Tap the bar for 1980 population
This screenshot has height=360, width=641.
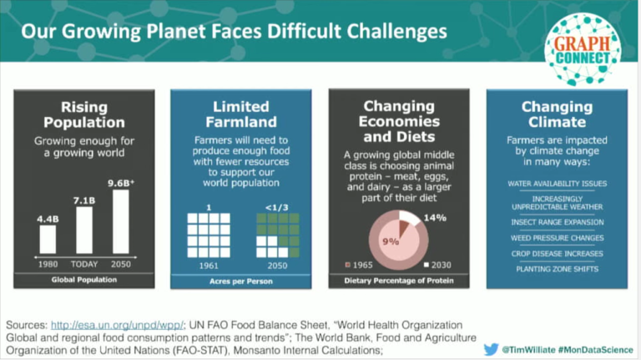47,239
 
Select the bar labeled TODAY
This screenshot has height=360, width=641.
83,229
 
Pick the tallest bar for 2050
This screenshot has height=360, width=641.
121,221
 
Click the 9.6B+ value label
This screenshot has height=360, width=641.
122,181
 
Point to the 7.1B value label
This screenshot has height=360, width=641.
84,200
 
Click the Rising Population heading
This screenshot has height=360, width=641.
84,114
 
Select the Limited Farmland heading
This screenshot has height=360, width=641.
240,114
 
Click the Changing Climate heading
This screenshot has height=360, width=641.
557,114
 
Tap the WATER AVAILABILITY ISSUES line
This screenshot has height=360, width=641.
557,183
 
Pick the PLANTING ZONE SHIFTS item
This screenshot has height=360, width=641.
557,269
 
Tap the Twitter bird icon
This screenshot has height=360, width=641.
492,348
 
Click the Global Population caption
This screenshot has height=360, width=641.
83,278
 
